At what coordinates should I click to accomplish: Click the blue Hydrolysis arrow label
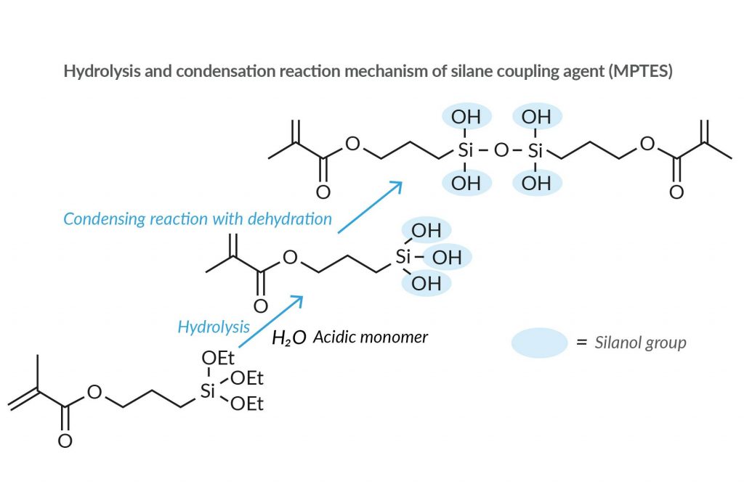(x=213, y=327)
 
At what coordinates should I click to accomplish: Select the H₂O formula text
(x=288, y=337)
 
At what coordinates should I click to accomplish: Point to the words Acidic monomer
(x=371, y=337)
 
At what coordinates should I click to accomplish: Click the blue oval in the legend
(x=538, y=342)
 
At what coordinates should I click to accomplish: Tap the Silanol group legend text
(x=640, y=343)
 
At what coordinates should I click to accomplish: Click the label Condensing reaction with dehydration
(x=197, y=218)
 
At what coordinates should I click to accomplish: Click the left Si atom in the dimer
(x=466, y=151)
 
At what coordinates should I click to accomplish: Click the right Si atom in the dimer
(x=535, y=151)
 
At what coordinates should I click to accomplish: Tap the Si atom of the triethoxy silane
(x=209, y=392)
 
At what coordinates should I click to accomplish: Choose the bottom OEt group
(x=247, y=404)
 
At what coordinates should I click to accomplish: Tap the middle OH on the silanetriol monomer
(x=447, y=257)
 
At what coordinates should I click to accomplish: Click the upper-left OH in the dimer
(x=466, y=117)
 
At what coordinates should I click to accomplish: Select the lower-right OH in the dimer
(x=536, y=184)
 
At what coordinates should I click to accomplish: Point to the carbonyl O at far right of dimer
(x=676, y=192)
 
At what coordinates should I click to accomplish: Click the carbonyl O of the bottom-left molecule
(x=65, y=441)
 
